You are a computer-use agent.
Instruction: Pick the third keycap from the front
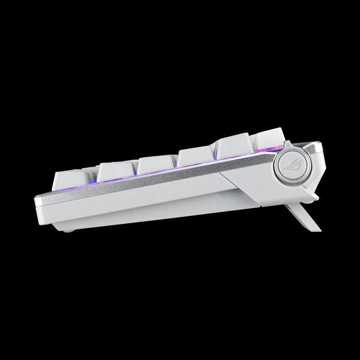point(156,164)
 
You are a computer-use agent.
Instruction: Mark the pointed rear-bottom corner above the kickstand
point(315,198)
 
